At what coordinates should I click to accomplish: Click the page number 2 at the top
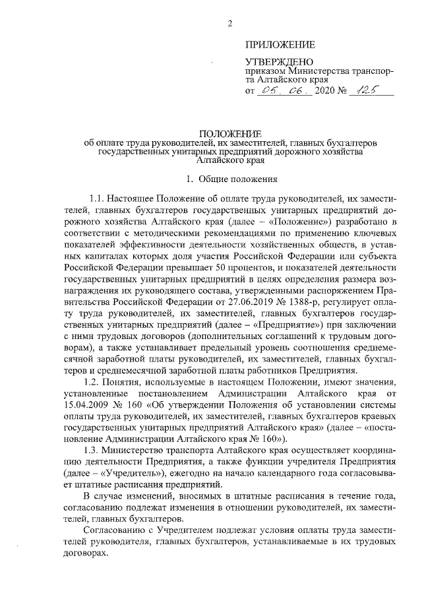point(230,24)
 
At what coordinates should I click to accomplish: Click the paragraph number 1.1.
point(97,198)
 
